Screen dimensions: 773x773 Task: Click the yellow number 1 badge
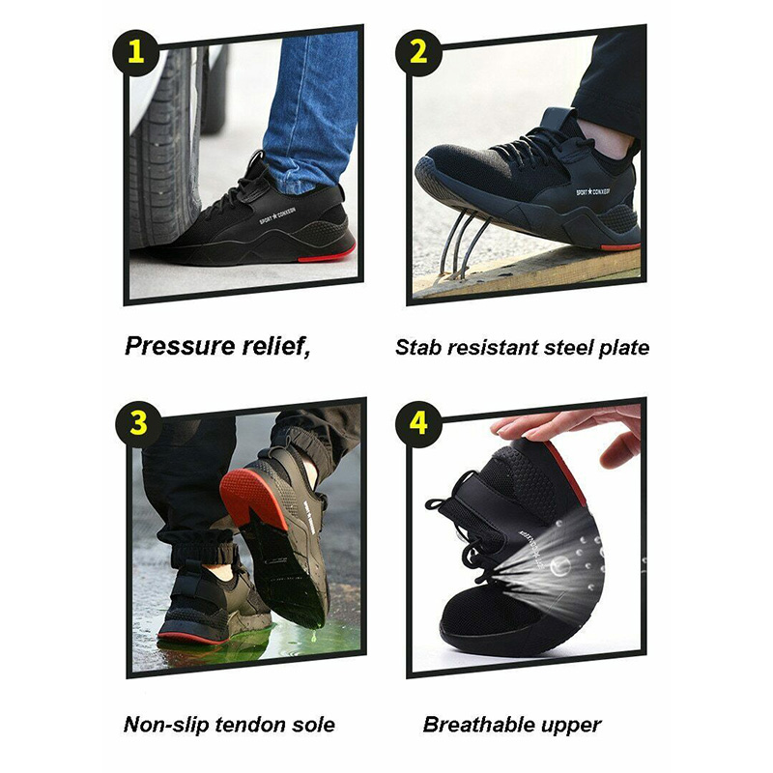tap(136, 50)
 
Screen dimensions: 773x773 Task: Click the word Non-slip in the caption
tap(165, 724)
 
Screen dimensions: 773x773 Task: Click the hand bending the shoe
tap(570, 425)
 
